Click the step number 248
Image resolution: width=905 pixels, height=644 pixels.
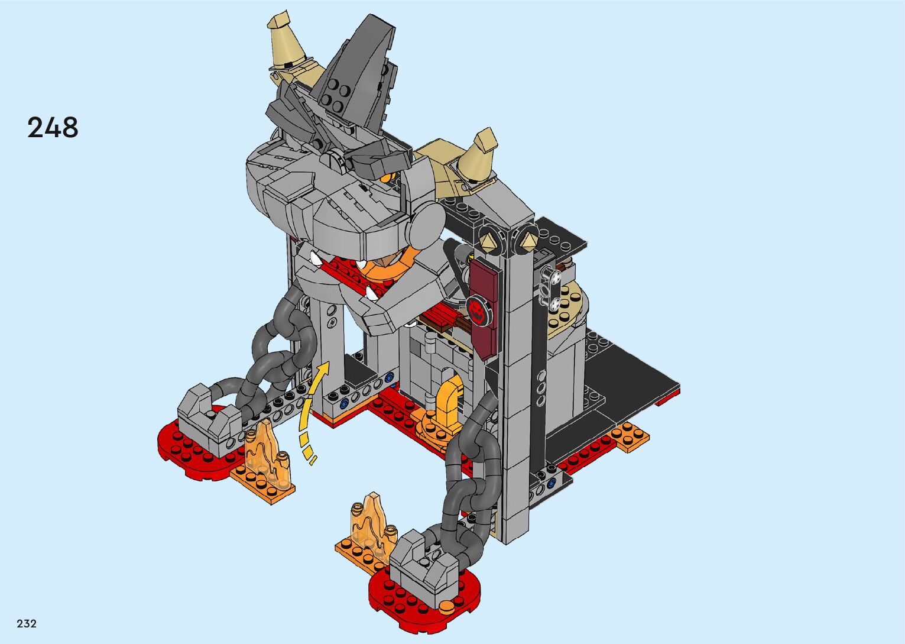coord(53,127)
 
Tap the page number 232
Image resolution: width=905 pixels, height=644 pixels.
coord(27,624)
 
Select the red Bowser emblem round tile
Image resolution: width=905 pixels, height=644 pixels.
coord(476,310)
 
